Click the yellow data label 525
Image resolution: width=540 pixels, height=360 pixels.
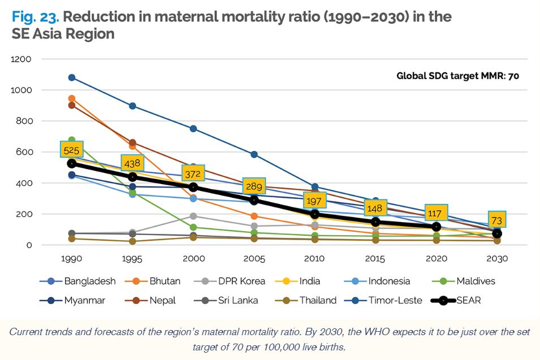pyautogui.click(x=71, y=150)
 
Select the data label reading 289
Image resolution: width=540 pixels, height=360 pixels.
pyautogui.click(x=254, y=186)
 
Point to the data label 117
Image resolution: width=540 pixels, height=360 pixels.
pyautogui.click(x=436, y=213)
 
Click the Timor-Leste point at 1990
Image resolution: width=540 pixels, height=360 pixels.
pyautogui.click(x=71, y=77)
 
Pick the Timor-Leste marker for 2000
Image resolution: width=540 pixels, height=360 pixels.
pyautogui.click(x=193, y=129)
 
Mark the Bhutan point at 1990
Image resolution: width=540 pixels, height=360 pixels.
pyautogui.click(x=71, y=99)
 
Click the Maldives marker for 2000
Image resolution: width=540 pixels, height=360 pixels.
pyautogui.click(x=193, y=228)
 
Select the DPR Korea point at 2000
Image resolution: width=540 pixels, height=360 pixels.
pyautogui.click(x=193, y=216)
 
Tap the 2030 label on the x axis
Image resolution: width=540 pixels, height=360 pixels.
pyautogui.click(x=497, y=259)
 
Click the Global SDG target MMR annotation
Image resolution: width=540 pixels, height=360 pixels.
pyautogui.click(x=457, y=75)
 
